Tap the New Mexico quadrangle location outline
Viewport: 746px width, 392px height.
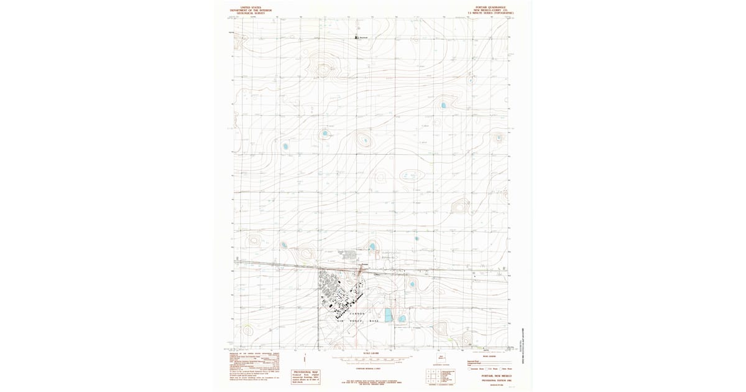[x=442, y=358]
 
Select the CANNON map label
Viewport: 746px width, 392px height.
[x=356, y=313]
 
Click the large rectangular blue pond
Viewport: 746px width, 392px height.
[x=389, y=315]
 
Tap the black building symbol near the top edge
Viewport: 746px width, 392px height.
[x=357, y=37]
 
